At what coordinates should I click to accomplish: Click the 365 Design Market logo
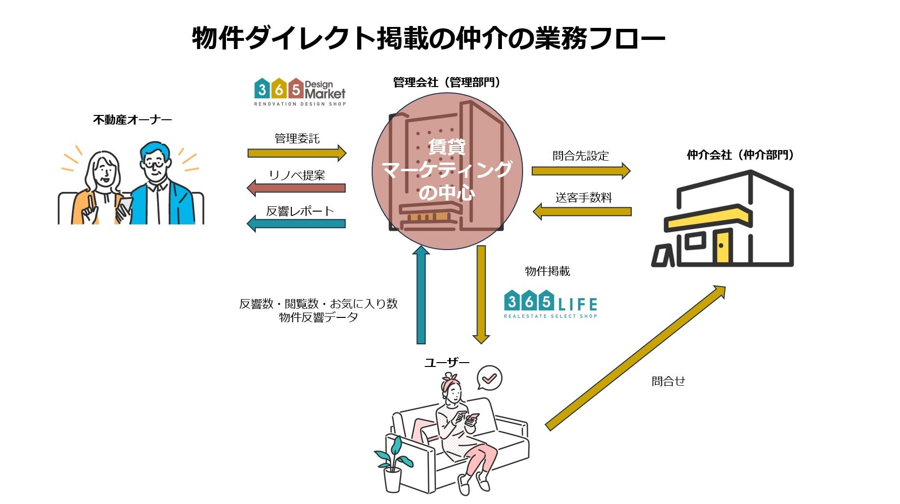click(x=300, y=92)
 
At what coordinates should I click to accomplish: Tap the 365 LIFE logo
click(x=551, y=304)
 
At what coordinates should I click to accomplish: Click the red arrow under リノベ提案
click(x=296, y=188)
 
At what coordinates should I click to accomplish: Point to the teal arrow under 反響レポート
click(x=296, y=224)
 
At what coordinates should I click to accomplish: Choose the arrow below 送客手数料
click(x=582, y=211)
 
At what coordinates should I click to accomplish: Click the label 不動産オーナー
click(x=132, y=120)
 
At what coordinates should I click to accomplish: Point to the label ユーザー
click(x=447, y=362)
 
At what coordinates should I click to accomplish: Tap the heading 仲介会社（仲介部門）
click(x=740, y=155)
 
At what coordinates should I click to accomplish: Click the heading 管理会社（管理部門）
click(x=447, y=83)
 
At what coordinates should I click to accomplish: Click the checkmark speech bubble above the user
click(x=489, y=378)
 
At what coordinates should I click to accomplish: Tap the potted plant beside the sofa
click(x=394, y=462)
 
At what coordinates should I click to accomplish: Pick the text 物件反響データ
click(x=318, y=317)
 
